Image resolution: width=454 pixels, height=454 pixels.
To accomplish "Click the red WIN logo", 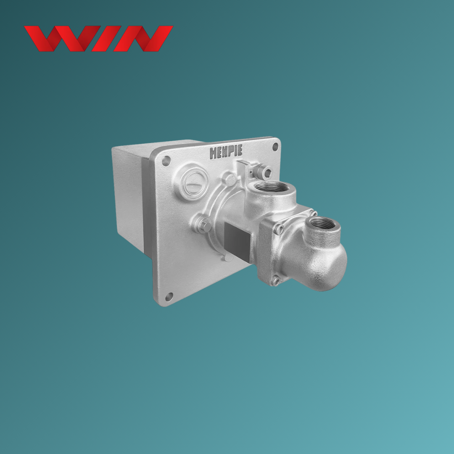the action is click(x=98, y=39).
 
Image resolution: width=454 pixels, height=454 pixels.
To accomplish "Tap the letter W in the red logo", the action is click(x=62, y=39).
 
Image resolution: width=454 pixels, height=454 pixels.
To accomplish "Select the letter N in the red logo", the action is click(x=143, y=39).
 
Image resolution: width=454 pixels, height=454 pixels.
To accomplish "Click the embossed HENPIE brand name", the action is click(x=226, y=152).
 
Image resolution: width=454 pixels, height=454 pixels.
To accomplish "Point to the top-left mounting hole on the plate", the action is click(x=166, y=161).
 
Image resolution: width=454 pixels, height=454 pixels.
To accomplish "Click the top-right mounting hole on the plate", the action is click(x=275, y=147).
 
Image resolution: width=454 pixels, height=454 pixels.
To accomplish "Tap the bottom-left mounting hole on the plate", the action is click(x=169, y=296).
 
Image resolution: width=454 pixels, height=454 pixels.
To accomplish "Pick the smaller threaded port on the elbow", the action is click(x=319, y=223).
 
